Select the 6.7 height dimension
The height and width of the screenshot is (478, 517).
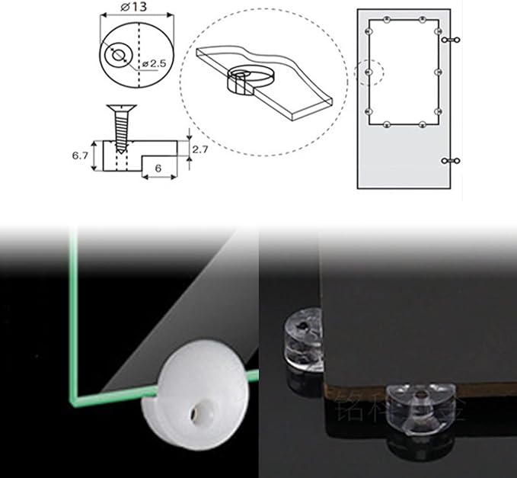pos(81,155)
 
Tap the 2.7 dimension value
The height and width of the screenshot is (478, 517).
pos(199,149)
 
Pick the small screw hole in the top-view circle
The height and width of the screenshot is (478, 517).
pos(118,56)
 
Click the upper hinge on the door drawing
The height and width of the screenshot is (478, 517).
pos(452,38)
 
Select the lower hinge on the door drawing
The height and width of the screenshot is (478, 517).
pos(452,160)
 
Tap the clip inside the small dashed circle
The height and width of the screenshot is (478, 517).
pos(369,72)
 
